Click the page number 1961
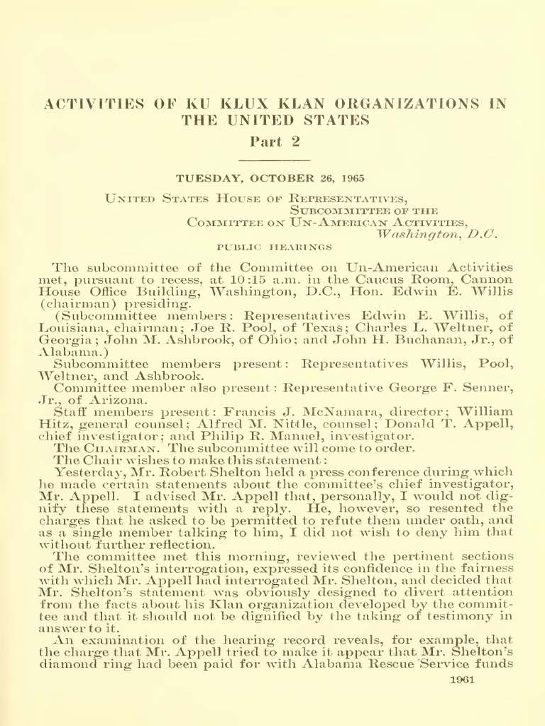pos(462,678)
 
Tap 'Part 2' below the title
pos(276,141)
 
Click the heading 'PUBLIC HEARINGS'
pos(274,247)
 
